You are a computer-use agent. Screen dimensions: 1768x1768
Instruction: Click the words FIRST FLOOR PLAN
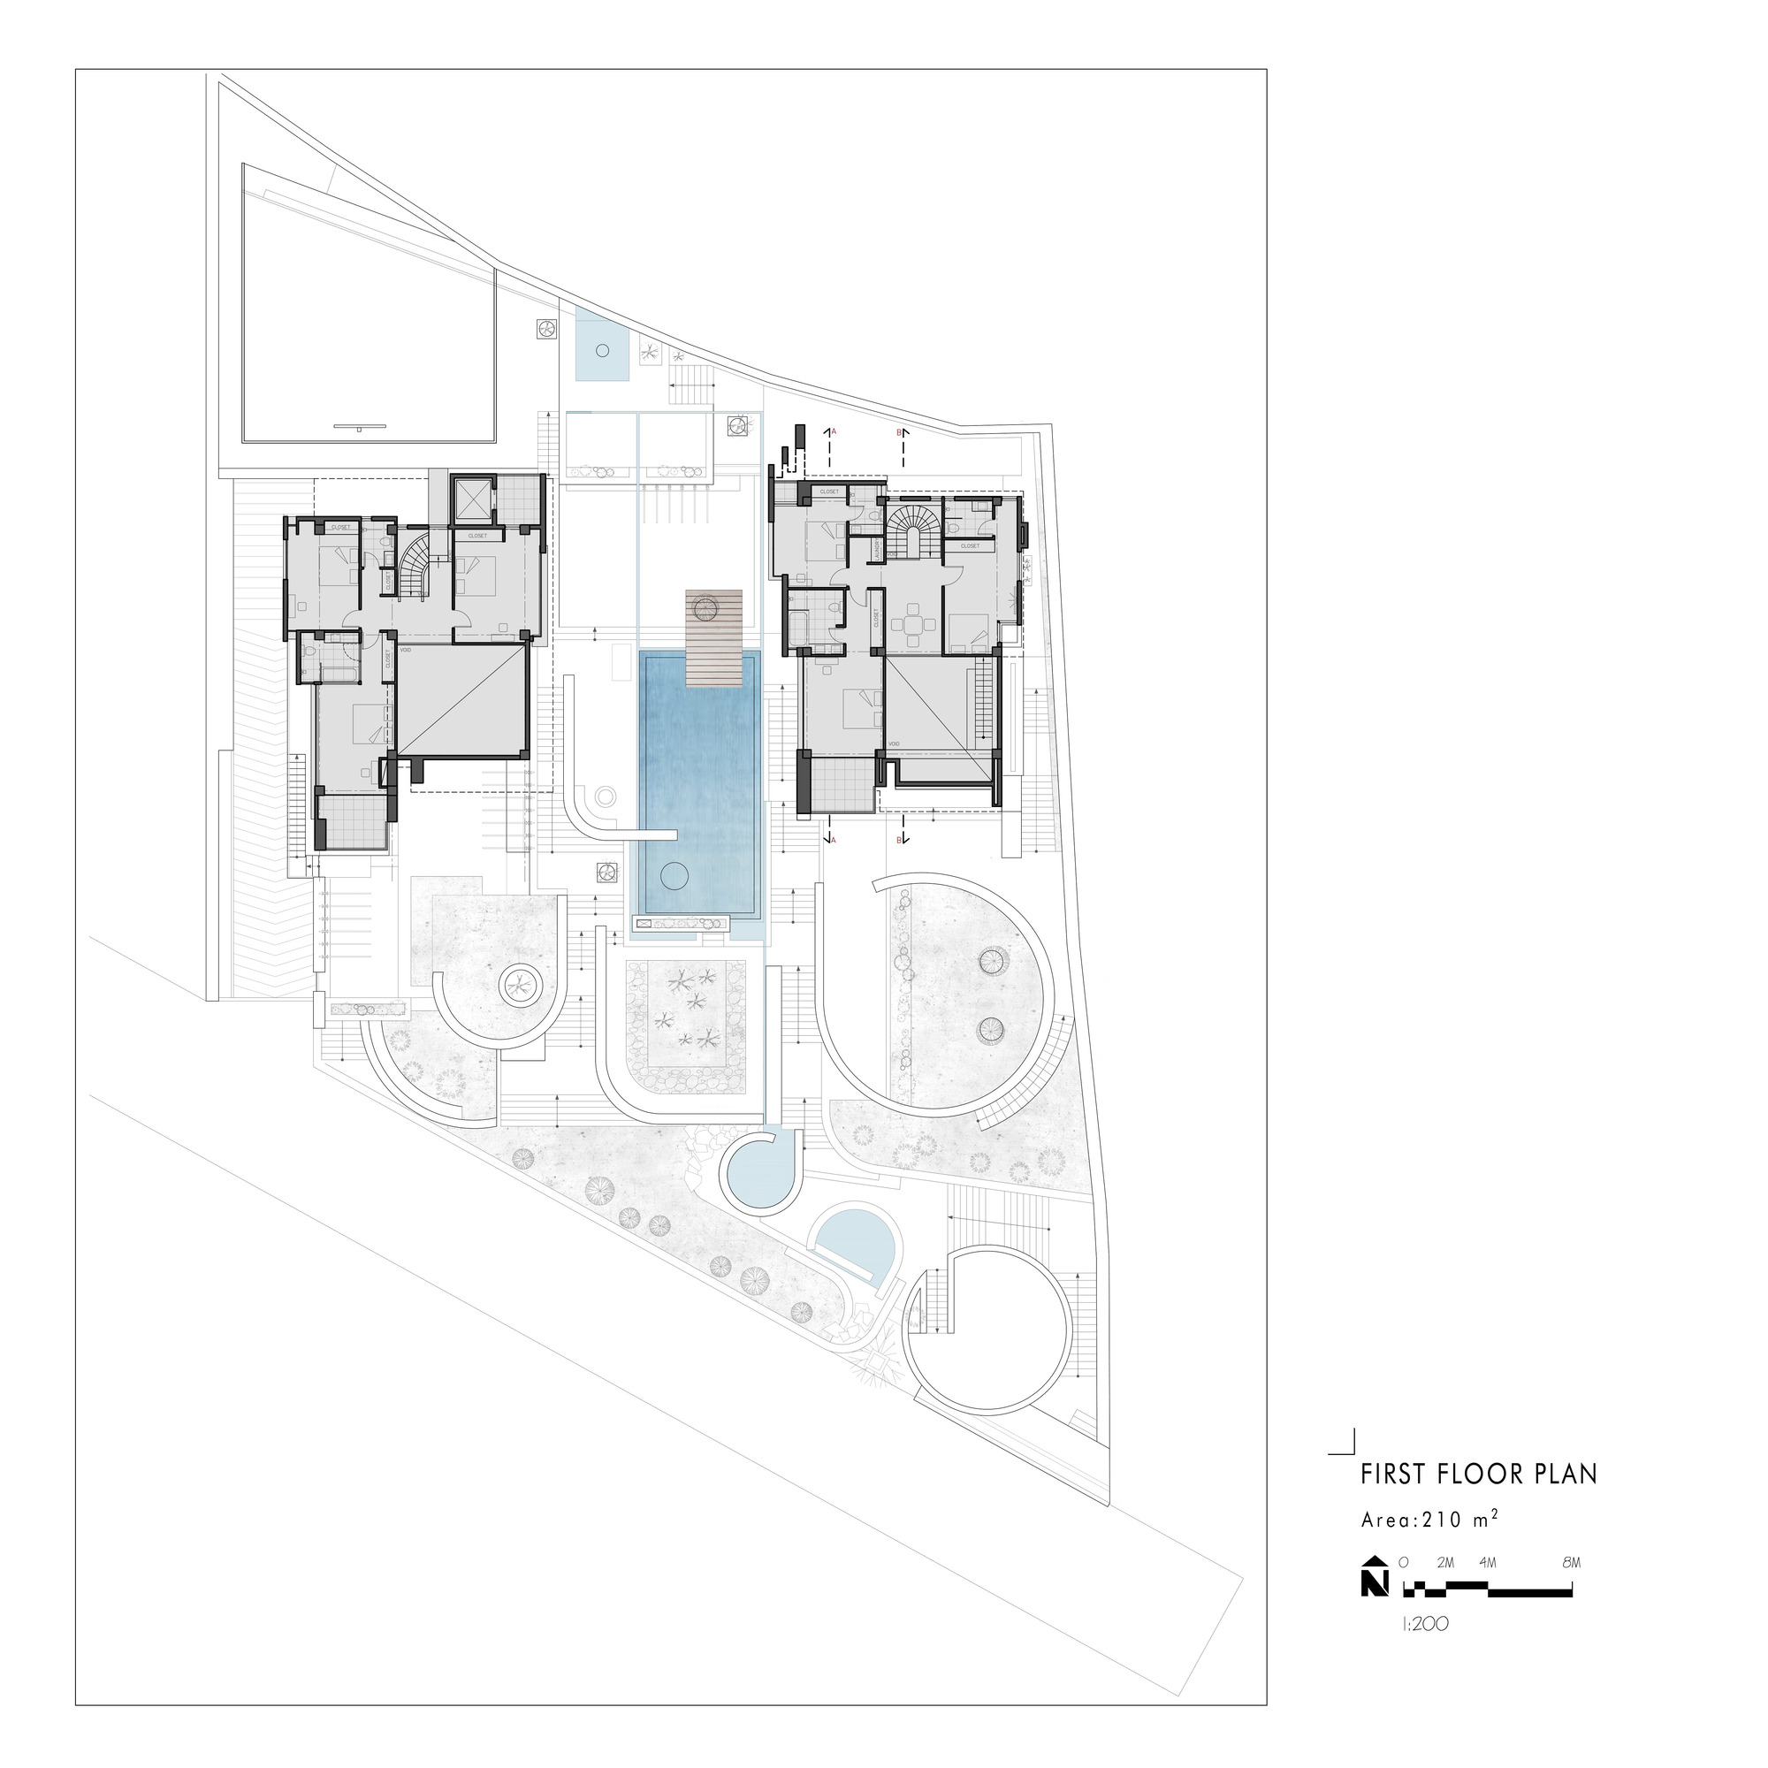(x=1478, y=1499)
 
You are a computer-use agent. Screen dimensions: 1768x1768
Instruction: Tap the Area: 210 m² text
(x=1429, y=1546)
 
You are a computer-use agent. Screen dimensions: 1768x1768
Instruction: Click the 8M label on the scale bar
(x=1570, y=1588)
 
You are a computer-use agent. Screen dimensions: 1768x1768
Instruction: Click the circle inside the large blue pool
(x=674, y=876)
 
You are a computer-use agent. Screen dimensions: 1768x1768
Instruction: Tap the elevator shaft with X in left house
(x=472, y=499)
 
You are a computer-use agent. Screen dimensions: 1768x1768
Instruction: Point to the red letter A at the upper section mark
(x=834, y=431)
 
